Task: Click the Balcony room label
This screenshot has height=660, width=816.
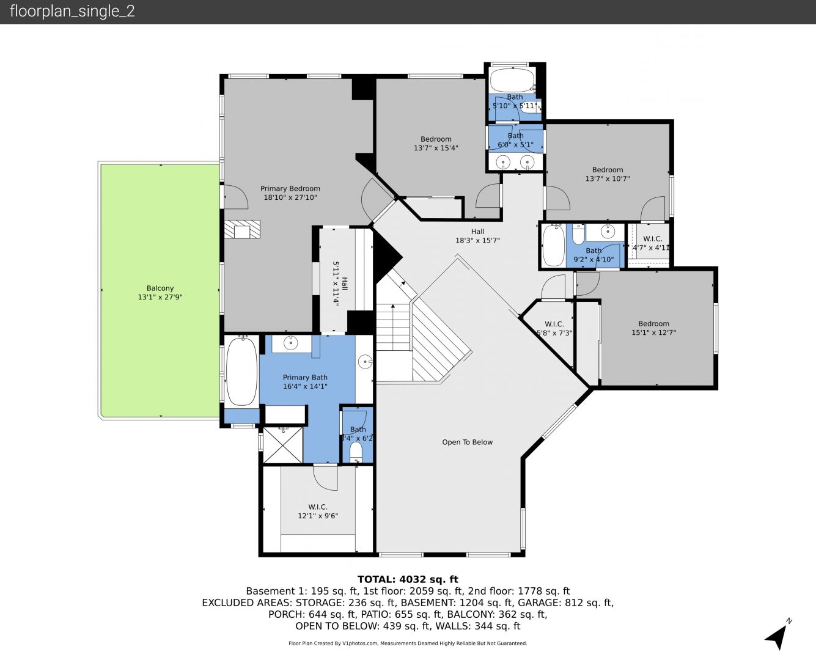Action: point(160,293)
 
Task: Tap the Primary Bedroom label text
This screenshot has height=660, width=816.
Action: point(290,188)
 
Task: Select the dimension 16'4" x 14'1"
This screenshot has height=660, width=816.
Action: point(305,386)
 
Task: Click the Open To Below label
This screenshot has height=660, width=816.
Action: point(468,442)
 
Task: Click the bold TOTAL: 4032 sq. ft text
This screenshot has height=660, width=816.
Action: point(408,579)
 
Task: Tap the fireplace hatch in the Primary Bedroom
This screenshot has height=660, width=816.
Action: point(242,229)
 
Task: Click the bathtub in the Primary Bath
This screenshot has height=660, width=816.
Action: point(241,371)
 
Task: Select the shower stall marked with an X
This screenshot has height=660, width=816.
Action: point(283,445)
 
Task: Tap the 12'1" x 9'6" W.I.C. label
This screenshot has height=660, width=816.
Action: point(318,512)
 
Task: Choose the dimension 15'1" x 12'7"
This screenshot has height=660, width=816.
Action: point(653,332)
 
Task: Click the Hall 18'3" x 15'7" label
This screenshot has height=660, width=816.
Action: point(477,236)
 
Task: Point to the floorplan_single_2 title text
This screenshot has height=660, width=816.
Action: point(72,12)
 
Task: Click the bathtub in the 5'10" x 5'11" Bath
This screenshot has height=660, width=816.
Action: point(512,80)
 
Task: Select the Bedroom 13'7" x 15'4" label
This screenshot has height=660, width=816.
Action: point(436,143)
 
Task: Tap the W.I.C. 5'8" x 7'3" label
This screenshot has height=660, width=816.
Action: point(554,329)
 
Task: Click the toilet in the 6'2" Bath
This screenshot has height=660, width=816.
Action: point(356,452)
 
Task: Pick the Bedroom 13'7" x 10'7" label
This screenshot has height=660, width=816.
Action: point(608,174)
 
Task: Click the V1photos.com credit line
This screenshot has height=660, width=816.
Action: point(408,643)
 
